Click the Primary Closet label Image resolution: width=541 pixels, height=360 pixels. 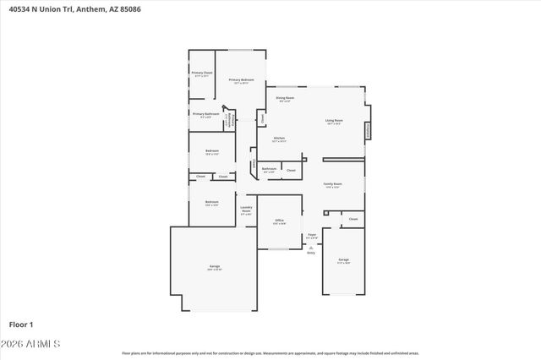201,74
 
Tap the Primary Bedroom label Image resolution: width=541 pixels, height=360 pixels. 241,80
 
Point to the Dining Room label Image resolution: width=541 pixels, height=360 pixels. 286,99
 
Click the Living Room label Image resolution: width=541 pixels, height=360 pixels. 334,121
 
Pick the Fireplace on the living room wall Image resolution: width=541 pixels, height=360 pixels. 368,130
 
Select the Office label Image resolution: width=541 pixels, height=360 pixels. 279,221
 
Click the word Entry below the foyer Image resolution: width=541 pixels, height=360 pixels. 311,253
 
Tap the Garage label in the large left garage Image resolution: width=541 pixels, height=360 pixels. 215,267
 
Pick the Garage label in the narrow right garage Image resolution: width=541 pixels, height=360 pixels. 343,259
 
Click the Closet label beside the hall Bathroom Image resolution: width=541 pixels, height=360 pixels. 291,170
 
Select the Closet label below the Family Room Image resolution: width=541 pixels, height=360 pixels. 353,219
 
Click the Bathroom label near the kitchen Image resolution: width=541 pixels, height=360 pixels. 269,169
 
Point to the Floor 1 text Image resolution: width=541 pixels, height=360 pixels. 21,324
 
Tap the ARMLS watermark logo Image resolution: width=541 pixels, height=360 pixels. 33,345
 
